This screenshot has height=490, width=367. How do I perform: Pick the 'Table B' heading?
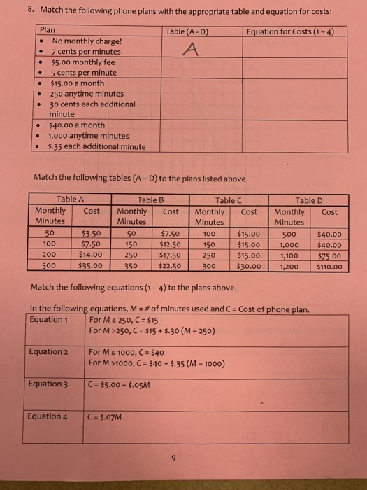[x=151, y=199]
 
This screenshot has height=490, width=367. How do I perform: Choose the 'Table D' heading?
[x=310, y=199]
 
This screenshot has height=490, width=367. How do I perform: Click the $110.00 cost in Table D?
[x=329, y=267]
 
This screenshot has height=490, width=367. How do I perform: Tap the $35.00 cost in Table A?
[x=92, y=267]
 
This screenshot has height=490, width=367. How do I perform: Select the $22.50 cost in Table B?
[x=171, y=267]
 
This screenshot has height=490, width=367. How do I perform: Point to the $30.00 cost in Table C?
[x=249, y=267]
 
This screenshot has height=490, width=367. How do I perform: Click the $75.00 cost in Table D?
[x=329, y=256]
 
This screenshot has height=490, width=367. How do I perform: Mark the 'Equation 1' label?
[x=48, y=320]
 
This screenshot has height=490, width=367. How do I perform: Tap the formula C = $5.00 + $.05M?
[x=120, y=384]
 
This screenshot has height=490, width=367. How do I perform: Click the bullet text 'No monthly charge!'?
[x=87, y=41]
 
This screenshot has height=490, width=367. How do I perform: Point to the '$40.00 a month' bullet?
[x=77, y=125]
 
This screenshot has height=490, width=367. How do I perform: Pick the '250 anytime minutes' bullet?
[x=87, y=94]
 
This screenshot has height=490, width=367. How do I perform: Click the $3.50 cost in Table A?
[x=92, y=234]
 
